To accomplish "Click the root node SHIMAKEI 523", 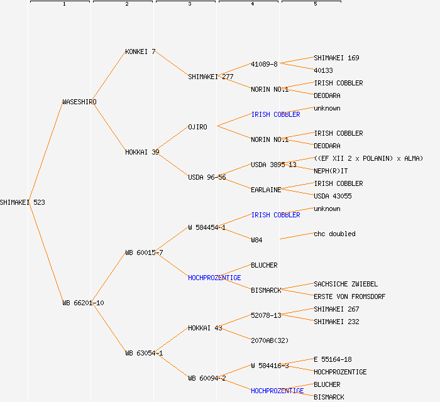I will (23, 202).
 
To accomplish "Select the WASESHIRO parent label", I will (79, 102).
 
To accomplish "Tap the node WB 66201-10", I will (83, 303).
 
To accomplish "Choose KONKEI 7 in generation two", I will (140, 52).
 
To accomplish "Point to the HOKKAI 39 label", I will (142, 152).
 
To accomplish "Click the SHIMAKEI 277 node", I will (211, 77).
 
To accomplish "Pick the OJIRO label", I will (197, 127).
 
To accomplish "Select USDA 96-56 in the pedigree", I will (207, 177).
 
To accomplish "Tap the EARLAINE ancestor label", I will (266, 190).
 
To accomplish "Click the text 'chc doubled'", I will (334, 234).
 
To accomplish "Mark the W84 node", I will (256, 240).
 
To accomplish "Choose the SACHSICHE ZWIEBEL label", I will (345, 284).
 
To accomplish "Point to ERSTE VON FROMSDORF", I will (349, 296).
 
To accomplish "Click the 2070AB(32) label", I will (270, 340).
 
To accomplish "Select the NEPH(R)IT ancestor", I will (330, 171).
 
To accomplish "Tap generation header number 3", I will (189, 4).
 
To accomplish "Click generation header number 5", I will (315, 4).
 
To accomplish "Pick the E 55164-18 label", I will (333, 359).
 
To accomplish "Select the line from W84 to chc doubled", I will (297, 236).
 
